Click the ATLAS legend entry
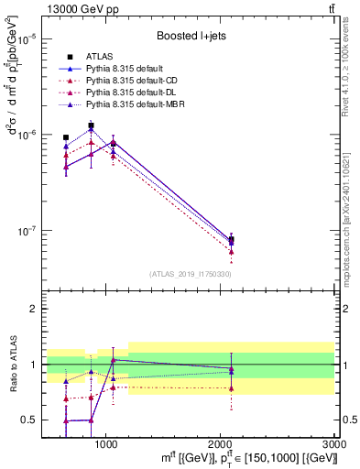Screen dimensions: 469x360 (103, 57)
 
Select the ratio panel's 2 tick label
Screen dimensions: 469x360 (32, 310)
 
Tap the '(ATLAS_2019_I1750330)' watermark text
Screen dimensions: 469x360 (191, 274)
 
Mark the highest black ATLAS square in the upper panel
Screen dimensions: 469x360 (91, 125)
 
